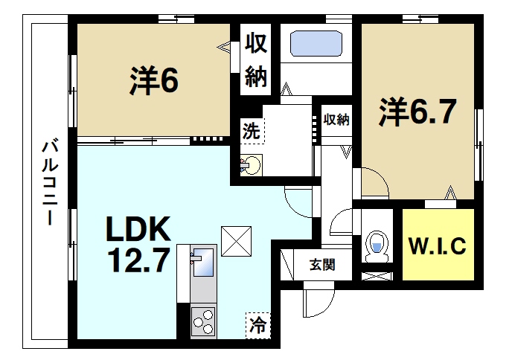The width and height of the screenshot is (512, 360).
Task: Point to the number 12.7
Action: click(138, 260)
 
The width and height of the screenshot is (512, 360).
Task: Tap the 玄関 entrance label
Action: click(322, 264)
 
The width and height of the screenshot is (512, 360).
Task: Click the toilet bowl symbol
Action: click(377, 245)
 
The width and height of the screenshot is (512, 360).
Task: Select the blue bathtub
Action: click(316, 43)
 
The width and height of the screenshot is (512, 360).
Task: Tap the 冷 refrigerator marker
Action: click(257, 324)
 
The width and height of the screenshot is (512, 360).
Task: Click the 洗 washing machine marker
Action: click(252, 132)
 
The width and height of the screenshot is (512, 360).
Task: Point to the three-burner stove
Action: click(203, 322)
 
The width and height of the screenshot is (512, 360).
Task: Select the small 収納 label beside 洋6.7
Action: click(336, 119)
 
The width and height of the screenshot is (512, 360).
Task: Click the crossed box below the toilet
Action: click(377, 276)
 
